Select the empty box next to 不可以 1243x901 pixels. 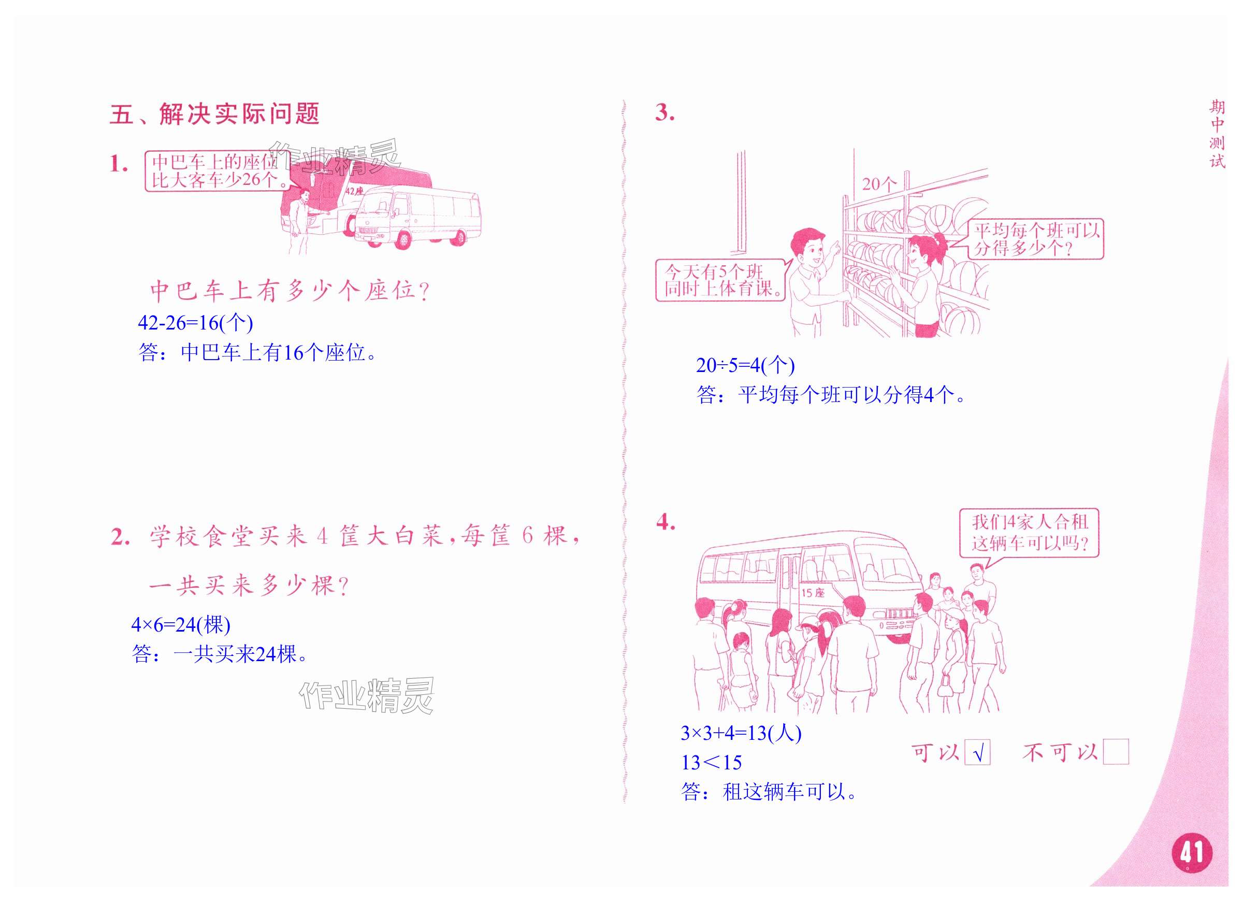[1116, 752]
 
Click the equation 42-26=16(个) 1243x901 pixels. [195, 323]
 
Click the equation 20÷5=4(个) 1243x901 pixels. [745, 365]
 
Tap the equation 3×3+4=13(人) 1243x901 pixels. [741, 733]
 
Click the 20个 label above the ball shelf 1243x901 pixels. [879, 184]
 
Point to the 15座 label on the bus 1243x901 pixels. [813, 593]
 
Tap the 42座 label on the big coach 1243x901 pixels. [354, 191]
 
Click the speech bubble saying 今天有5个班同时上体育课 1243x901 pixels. [721, 280]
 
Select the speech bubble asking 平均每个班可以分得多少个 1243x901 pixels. [1035, 239]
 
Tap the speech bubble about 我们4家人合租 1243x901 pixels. [1029, 533]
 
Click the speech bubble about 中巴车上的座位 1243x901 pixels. [218, 171]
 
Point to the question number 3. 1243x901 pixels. [664, 113]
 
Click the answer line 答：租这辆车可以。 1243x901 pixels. [769, 792]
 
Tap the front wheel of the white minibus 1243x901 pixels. [403, 239]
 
